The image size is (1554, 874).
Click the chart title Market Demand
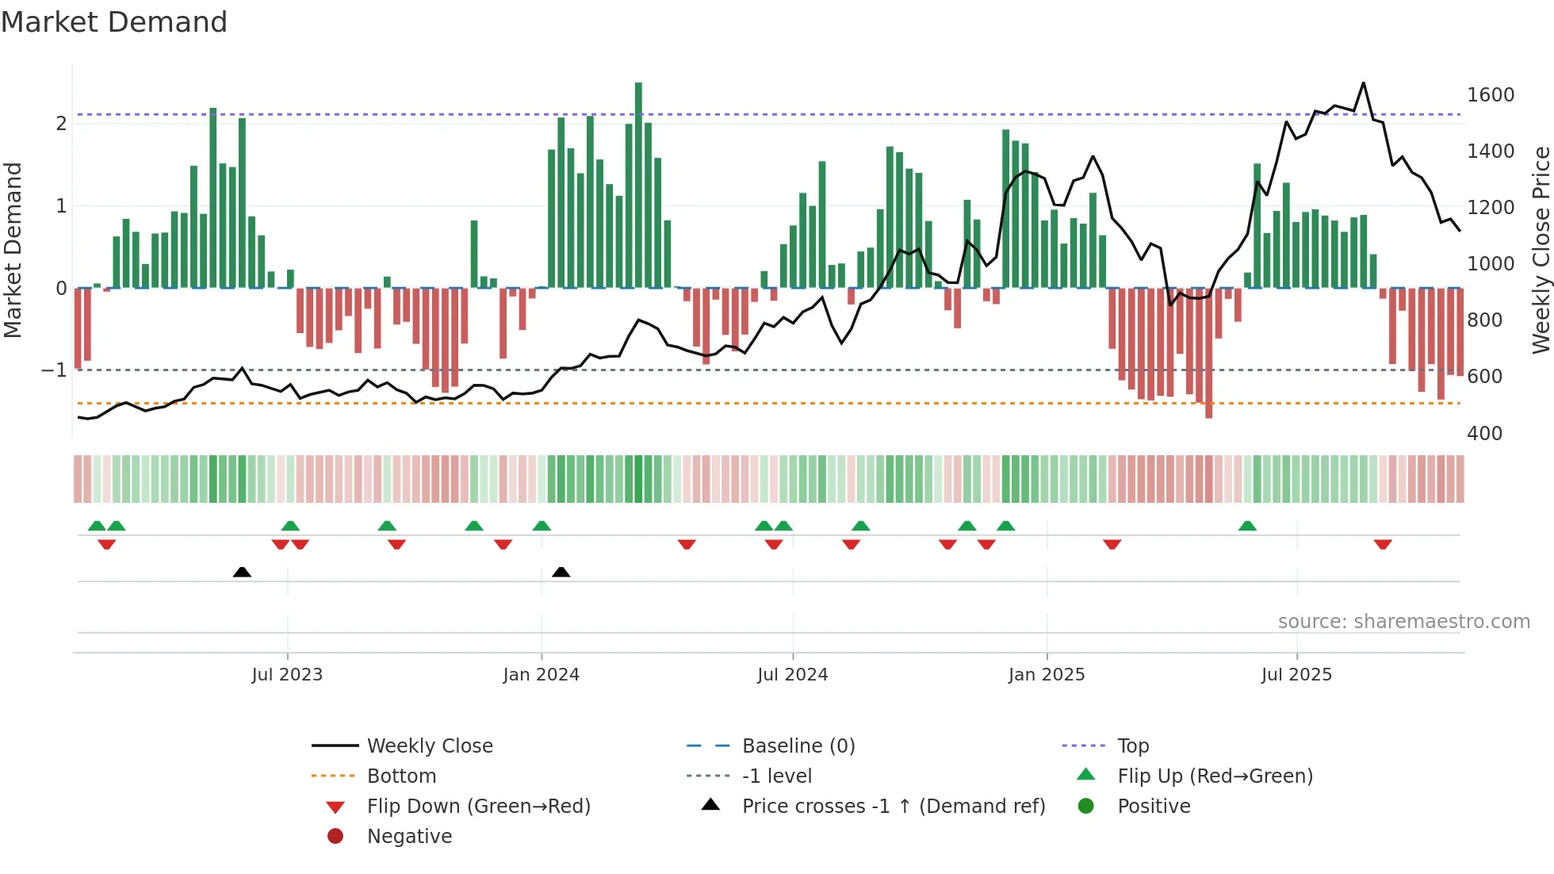114,22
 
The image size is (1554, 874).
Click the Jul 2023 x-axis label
287,675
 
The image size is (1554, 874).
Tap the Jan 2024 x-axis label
541,675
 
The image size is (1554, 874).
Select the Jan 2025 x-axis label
1046,675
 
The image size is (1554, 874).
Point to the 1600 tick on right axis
1491,95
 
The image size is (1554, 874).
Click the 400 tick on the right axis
1484,434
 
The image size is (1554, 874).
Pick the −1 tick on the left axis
55,370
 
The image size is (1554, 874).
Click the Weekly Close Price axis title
1541,250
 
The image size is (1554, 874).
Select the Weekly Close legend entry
429,746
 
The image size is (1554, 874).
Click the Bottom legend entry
401,776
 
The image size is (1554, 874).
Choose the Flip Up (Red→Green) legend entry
1215,776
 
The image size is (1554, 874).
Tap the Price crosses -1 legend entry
893,807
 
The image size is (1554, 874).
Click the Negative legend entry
409,837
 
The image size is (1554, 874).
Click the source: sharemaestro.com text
1403,622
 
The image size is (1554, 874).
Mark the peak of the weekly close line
1363,83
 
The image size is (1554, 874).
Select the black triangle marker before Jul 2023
242,573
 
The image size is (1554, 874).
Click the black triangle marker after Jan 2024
561,573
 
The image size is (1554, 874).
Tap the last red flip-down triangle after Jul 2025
1383,544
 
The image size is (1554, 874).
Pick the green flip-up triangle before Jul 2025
1247,526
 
